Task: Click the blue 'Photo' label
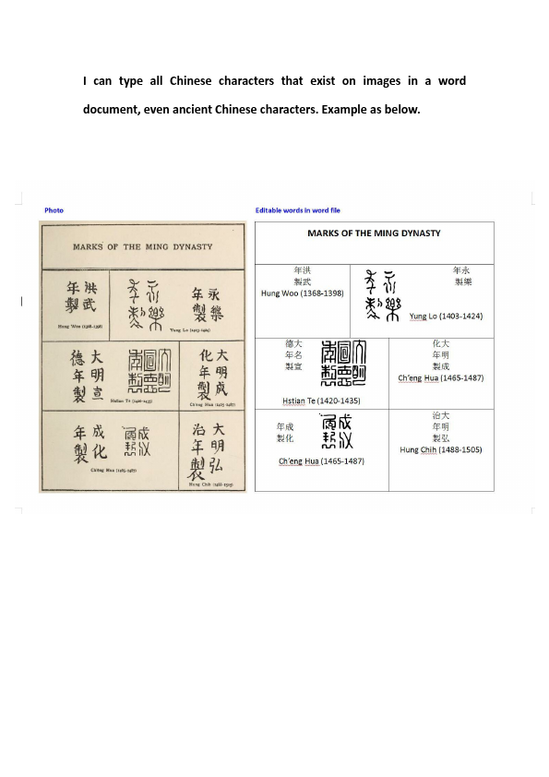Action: [x=54, y=210]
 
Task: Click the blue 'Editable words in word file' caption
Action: [x=297, y=210]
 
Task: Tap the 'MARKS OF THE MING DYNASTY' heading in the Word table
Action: [x=374, y=233]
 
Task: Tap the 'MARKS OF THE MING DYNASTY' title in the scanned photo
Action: [x=142, y=247]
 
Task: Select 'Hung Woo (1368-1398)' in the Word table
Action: [x=303, y=293]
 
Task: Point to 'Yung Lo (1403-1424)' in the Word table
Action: [x=446, y=317]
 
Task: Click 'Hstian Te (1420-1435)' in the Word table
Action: [x=321, y=401]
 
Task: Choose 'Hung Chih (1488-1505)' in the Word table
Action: [x=441, y=449]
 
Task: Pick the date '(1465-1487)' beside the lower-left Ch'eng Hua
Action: [x=341, y=461]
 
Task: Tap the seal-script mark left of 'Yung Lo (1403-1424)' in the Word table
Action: [x=383, y=295]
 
